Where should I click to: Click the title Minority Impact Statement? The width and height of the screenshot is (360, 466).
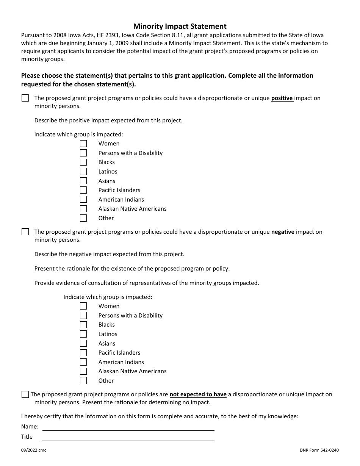[180, 26]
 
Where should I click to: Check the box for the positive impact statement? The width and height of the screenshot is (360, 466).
[25, 98]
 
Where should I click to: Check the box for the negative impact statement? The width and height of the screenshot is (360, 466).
[25, 232]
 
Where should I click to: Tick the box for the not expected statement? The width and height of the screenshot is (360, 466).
[25, 394]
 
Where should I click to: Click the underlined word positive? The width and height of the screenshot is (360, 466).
[282, 98]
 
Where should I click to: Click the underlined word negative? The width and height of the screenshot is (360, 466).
[283, 232]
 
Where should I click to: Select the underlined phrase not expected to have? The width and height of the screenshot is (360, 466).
[198, 394]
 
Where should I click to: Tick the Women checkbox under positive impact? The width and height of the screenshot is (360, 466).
[83, 144]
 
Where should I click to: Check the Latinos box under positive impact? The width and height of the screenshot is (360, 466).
[83, 172]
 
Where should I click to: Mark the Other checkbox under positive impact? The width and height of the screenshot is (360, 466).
[83, 218]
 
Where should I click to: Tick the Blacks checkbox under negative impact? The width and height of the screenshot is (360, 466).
[83, 325]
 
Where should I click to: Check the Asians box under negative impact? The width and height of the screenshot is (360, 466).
[83, 344]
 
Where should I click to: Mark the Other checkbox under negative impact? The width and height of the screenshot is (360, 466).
[83, 381]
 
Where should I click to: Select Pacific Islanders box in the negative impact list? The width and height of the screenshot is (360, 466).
[83, 353]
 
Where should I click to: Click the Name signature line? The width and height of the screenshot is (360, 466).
[128, 427]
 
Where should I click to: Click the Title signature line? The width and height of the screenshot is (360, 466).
[128, 438]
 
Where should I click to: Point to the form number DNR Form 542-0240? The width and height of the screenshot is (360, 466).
[319, 450]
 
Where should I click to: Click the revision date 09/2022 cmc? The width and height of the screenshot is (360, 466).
[34, 450]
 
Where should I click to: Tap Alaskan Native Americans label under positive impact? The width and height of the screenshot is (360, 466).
[132, 209]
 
